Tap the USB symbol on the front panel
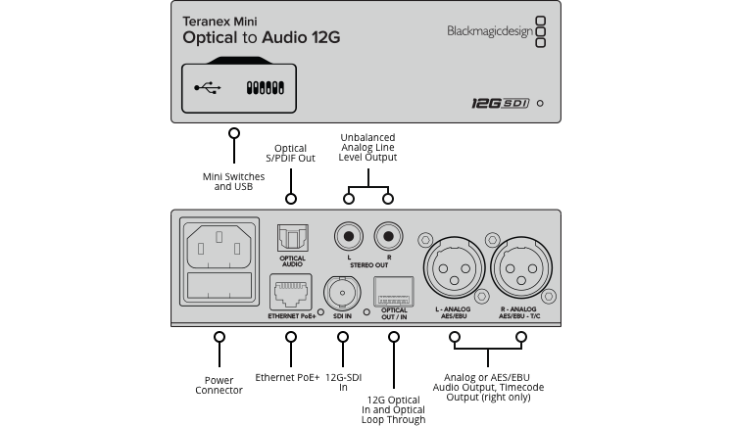click(x=207, y=87)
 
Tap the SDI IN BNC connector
click(x=341, y=293)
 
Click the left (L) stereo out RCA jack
click(x=347, y=235)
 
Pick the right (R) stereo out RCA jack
click(x=387, y=235)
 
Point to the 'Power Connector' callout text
click(x=219, y=384)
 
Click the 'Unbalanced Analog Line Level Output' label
click(x=367, y=147)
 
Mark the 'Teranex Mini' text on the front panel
click(x=219, y=18)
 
